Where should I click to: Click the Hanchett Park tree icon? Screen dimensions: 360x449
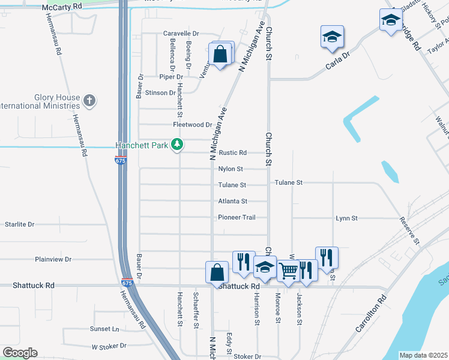tap(177, 145)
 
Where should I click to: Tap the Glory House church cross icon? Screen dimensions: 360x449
tap(89, 100)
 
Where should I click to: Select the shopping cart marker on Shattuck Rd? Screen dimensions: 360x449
tap(289, 272)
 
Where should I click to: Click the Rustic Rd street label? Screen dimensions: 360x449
tap(233, 153)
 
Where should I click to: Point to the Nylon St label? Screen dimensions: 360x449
tap(231, 169)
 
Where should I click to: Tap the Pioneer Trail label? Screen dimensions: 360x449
tap(237, 217)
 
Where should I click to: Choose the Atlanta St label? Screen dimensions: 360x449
tap(232, 202)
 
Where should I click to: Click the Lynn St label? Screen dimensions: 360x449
tap(346, 218)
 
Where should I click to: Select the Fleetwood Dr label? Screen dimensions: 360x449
tap(193, 125)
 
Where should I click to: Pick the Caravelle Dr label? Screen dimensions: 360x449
tap(181, 34)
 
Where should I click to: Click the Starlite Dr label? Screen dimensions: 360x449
tap(19, 224)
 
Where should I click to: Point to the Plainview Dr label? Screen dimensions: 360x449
tap(53, 259)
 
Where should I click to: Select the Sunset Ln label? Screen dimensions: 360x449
tap(104, 329)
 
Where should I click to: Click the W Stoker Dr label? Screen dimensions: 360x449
tap(109, 346)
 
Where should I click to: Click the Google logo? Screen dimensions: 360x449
tap(20, 353)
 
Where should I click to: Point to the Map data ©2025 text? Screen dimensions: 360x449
tap(423, 355)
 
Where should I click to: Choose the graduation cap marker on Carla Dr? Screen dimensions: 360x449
tap(332, 37)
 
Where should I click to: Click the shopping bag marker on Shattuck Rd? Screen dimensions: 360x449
tap(216, 273)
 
